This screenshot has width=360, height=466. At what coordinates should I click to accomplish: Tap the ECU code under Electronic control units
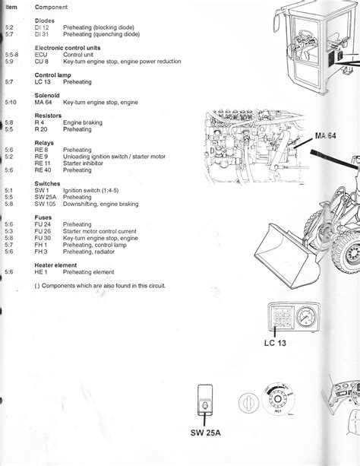(x=43, y=55)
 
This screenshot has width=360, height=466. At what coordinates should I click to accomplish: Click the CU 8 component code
(x=42, y=62)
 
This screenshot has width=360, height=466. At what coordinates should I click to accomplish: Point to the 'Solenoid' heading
(x=48, y=95)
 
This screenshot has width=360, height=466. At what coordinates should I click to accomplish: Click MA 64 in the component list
(x=43, y=102)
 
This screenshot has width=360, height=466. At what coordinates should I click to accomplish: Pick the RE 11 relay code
(x=43, y=163)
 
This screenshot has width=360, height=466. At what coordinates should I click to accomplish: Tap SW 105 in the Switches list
(x=45, y=204)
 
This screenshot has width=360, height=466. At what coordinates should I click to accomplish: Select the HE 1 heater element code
(x=42, y=271)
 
